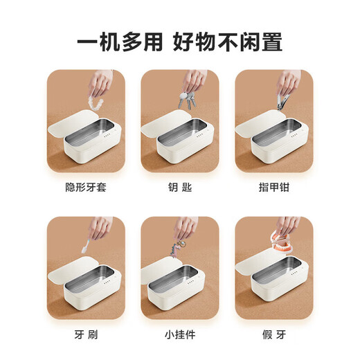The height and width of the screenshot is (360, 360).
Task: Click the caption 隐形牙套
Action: pyautogui.click(x=85, y=187)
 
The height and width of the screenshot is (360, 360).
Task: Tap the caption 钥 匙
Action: pyautogui.click(x=180, y=187)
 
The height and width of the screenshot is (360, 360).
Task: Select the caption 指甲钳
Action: pyautogui.click(x=273, y=187)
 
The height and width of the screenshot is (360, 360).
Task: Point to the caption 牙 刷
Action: pyautogui.click(x=85, y=334)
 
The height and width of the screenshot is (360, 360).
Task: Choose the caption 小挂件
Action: pyautogui.click(x=180, y=334)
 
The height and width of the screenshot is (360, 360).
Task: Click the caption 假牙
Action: pyautogui.click(x=273, y=334)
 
